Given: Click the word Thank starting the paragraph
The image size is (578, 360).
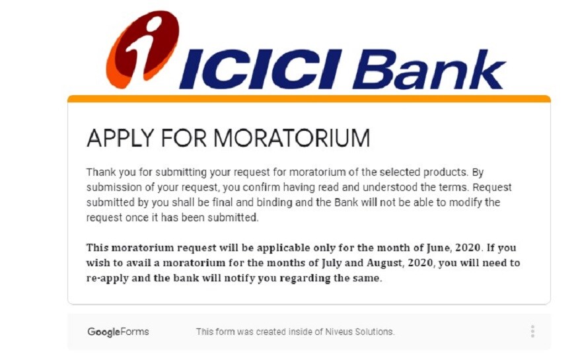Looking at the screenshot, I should (x=101, y=172).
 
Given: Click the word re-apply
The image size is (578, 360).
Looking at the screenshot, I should (x=108, y=279).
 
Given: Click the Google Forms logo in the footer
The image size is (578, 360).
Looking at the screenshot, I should (x=118, y=332).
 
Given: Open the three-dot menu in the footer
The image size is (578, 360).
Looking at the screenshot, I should (x=532, y=332).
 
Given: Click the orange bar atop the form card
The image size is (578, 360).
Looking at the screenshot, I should (x=308, y=98).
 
